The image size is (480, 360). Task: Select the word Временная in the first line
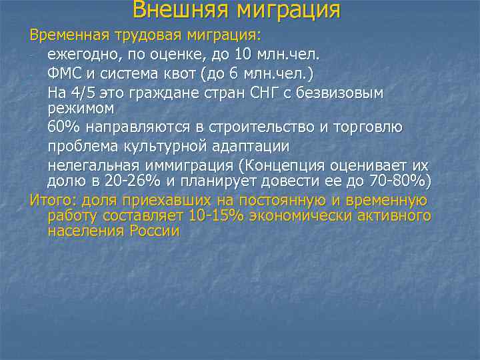click(x=64, y=35)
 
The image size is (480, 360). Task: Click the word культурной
click(x=174, y=146)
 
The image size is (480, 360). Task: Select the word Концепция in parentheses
click(x=273, y=165)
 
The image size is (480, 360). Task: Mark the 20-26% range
click(x=135, y=181)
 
